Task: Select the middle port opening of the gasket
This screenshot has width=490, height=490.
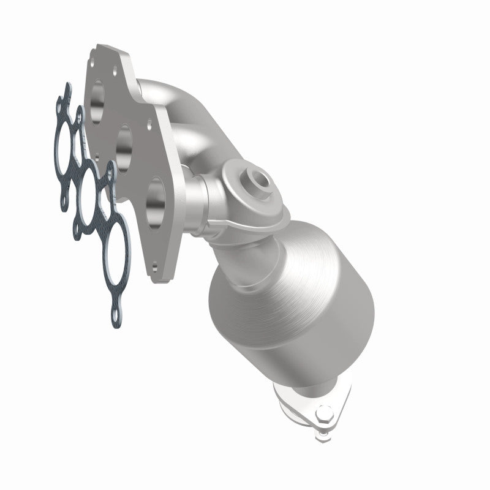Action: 88,187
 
